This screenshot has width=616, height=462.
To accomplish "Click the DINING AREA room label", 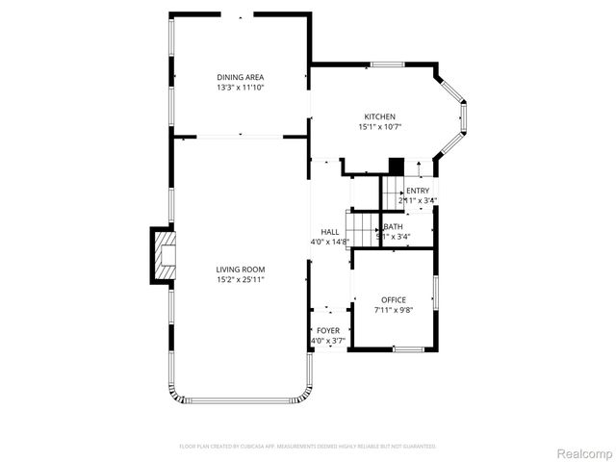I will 240,77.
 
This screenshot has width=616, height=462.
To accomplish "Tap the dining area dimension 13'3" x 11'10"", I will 240,88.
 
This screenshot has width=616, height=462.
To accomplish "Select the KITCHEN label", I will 379,116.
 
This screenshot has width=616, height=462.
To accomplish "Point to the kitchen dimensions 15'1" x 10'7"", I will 379,127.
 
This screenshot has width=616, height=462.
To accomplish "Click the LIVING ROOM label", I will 240,269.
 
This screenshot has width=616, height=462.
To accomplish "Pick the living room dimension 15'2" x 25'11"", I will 240,280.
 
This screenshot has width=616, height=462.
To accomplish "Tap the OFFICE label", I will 394,300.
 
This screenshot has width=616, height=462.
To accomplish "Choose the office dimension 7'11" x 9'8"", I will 394,311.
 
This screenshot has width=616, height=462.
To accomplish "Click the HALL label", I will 329,232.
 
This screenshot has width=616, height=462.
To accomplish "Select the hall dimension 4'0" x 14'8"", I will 329,243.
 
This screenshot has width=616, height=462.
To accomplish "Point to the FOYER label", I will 328,330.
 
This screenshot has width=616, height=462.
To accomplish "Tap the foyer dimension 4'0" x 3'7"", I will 328,341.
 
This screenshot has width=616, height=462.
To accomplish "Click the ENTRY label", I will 418,191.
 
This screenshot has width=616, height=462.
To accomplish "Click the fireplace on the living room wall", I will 162,255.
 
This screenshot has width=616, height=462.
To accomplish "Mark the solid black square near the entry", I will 394,166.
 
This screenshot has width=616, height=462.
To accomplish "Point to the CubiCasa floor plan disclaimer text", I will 308,447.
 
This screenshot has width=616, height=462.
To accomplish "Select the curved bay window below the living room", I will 240,396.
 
